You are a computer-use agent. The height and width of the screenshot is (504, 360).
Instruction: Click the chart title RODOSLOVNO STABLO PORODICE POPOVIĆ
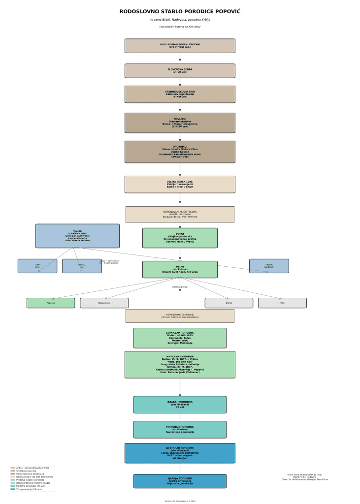click(x=180, y=12)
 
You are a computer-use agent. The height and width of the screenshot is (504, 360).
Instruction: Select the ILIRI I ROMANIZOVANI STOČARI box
click(x=180, y=46)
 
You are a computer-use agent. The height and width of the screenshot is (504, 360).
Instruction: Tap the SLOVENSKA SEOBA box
click(x=180, y=71)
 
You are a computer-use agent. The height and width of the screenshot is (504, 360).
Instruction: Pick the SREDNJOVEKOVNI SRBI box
click(x=180, y=94)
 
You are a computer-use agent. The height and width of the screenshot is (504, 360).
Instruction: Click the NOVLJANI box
click(x=180, y=123)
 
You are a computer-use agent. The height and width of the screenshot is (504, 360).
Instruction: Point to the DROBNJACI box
click(x=180, y=152)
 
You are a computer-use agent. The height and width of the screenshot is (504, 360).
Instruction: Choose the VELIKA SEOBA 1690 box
click(x=180, y=185)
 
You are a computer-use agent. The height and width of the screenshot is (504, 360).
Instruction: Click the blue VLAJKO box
click(x=77, y=236)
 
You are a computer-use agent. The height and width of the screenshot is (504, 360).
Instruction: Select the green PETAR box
click(x=180, y=238)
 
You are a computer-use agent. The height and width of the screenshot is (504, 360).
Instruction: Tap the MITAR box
click(x=180, y=270)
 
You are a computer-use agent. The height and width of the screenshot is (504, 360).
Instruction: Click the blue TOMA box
click(x=37, y=266)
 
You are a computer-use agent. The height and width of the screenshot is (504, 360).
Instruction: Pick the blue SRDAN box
click(x=269, y=266)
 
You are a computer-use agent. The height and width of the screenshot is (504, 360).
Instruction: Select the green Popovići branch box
click(x=51, y=303)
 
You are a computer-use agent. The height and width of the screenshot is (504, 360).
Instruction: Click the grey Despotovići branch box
click(x=104, y=303)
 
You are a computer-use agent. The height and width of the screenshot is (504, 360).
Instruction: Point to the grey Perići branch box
click(x=282, y=303)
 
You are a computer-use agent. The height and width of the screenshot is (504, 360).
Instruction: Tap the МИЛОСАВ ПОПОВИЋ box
click(x=180, y=365)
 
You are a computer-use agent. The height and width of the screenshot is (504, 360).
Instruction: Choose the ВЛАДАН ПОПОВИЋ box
click(x=180, y=405)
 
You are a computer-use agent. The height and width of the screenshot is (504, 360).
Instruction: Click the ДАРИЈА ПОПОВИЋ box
click(x=180, y=481)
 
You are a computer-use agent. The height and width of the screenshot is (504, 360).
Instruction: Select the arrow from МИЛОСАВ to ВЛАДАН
click(x=180, y=387)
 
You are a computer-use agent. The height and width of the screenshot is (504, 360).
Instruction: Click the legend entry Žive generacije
click(x=29, y=489)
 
